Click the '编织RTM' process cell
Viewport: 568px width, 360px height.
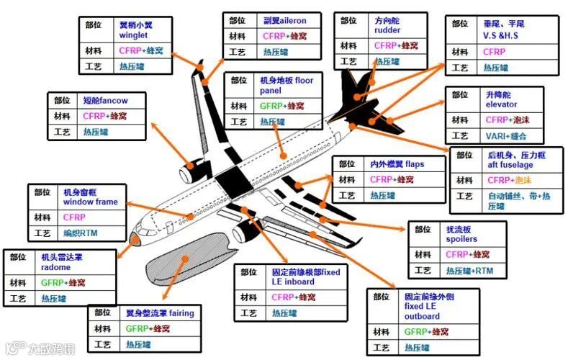click(79, 233)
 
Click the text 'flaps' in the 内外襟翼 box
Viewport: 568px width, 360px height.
click(413, 164)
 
